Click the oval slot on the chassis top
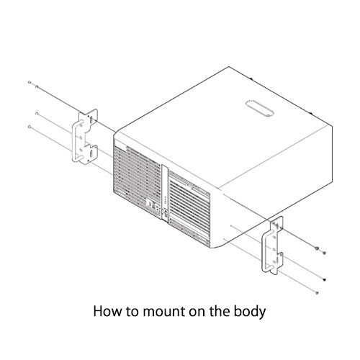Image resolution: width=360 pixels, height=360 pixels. click(259, 108)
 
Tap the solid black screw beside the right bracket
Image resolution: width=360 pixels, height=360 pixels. click(325, 279)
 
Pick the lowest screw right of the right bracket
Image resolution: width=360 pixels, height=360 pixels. click(317, 292)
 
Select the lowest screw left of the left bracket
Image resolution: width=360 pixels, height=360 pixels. click(30, 127)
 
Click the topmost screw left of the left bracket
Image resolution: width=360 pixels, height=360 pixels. click(30, 82)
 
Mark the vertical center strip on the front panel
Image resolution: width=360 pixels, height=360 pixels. click(165, 192)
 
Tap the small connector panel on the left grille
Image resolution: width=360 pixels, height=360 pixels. click(153, 206)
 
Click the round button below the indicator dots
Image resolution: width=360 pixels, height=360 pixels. click(166, 212)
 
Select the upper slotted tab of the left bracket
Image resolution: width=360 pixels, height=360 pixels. click(91, 120)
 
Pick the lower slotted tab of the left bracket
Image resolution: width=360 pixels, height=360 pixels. click(91, 153)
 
